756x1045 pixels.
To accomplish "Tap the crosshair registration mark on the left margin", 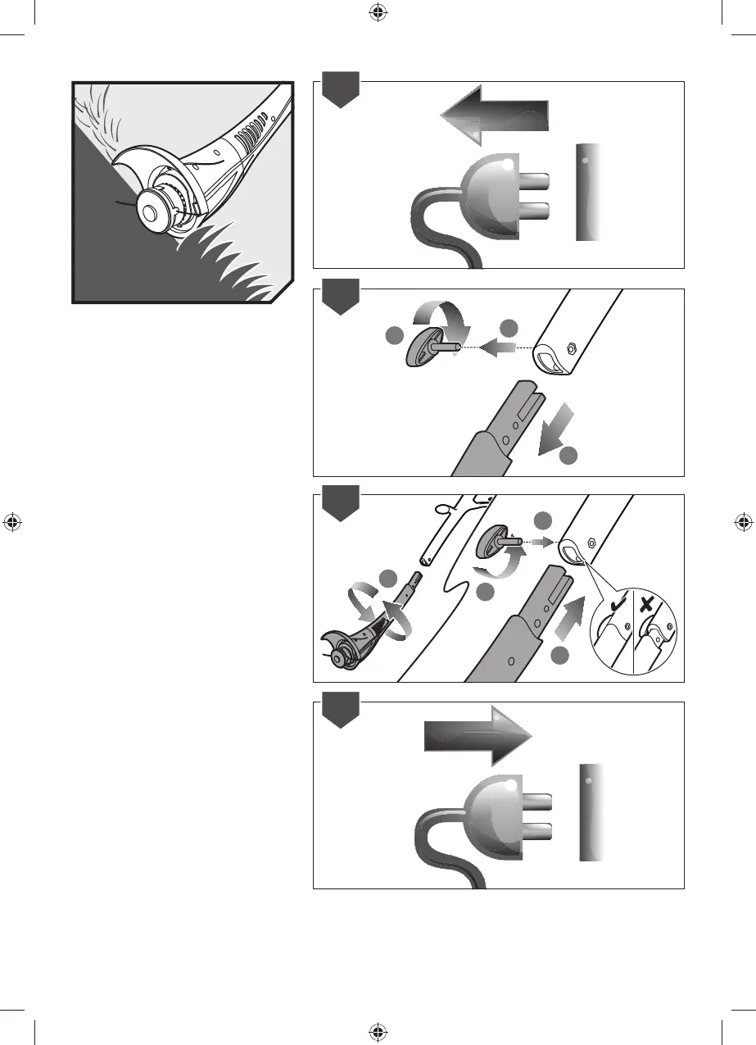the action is click(x=13, y=522).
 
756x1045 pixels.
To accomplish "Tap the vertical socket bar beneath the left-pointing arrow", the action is click(x=588, y=193).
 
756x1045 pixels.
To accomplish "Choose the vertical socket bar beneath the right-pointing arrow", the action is click(x=591, y=812).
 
